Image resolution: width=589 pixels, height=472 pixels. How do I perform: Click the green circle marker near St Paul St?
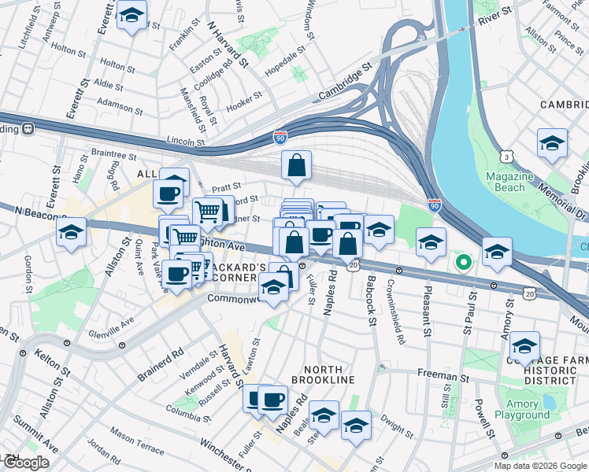pos(464,262)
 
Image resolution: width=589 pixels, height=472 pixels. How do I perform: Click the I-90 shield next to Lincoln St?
pos(280,138)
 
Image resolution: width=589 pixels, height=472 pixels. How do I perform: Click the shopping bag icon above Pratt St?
pos(297,166)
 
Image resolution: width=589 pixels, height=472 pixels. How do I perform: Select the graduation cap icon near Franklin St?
pos(132,15)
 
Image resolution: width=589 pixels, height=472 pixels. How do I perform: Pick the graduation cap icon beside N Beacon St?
pos(71,233)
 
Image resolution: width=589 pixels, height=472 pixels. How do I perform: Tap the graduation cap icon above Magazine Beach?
pos(552,144)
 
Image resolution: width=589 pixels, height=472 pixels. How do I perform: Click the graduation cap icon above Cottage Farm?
pos(524,346)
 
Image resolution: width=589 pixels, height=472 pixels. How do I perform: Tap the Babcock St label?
pos(371,298)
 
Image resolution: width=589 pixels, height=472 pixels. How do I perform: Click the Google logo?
pos(25,463)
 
